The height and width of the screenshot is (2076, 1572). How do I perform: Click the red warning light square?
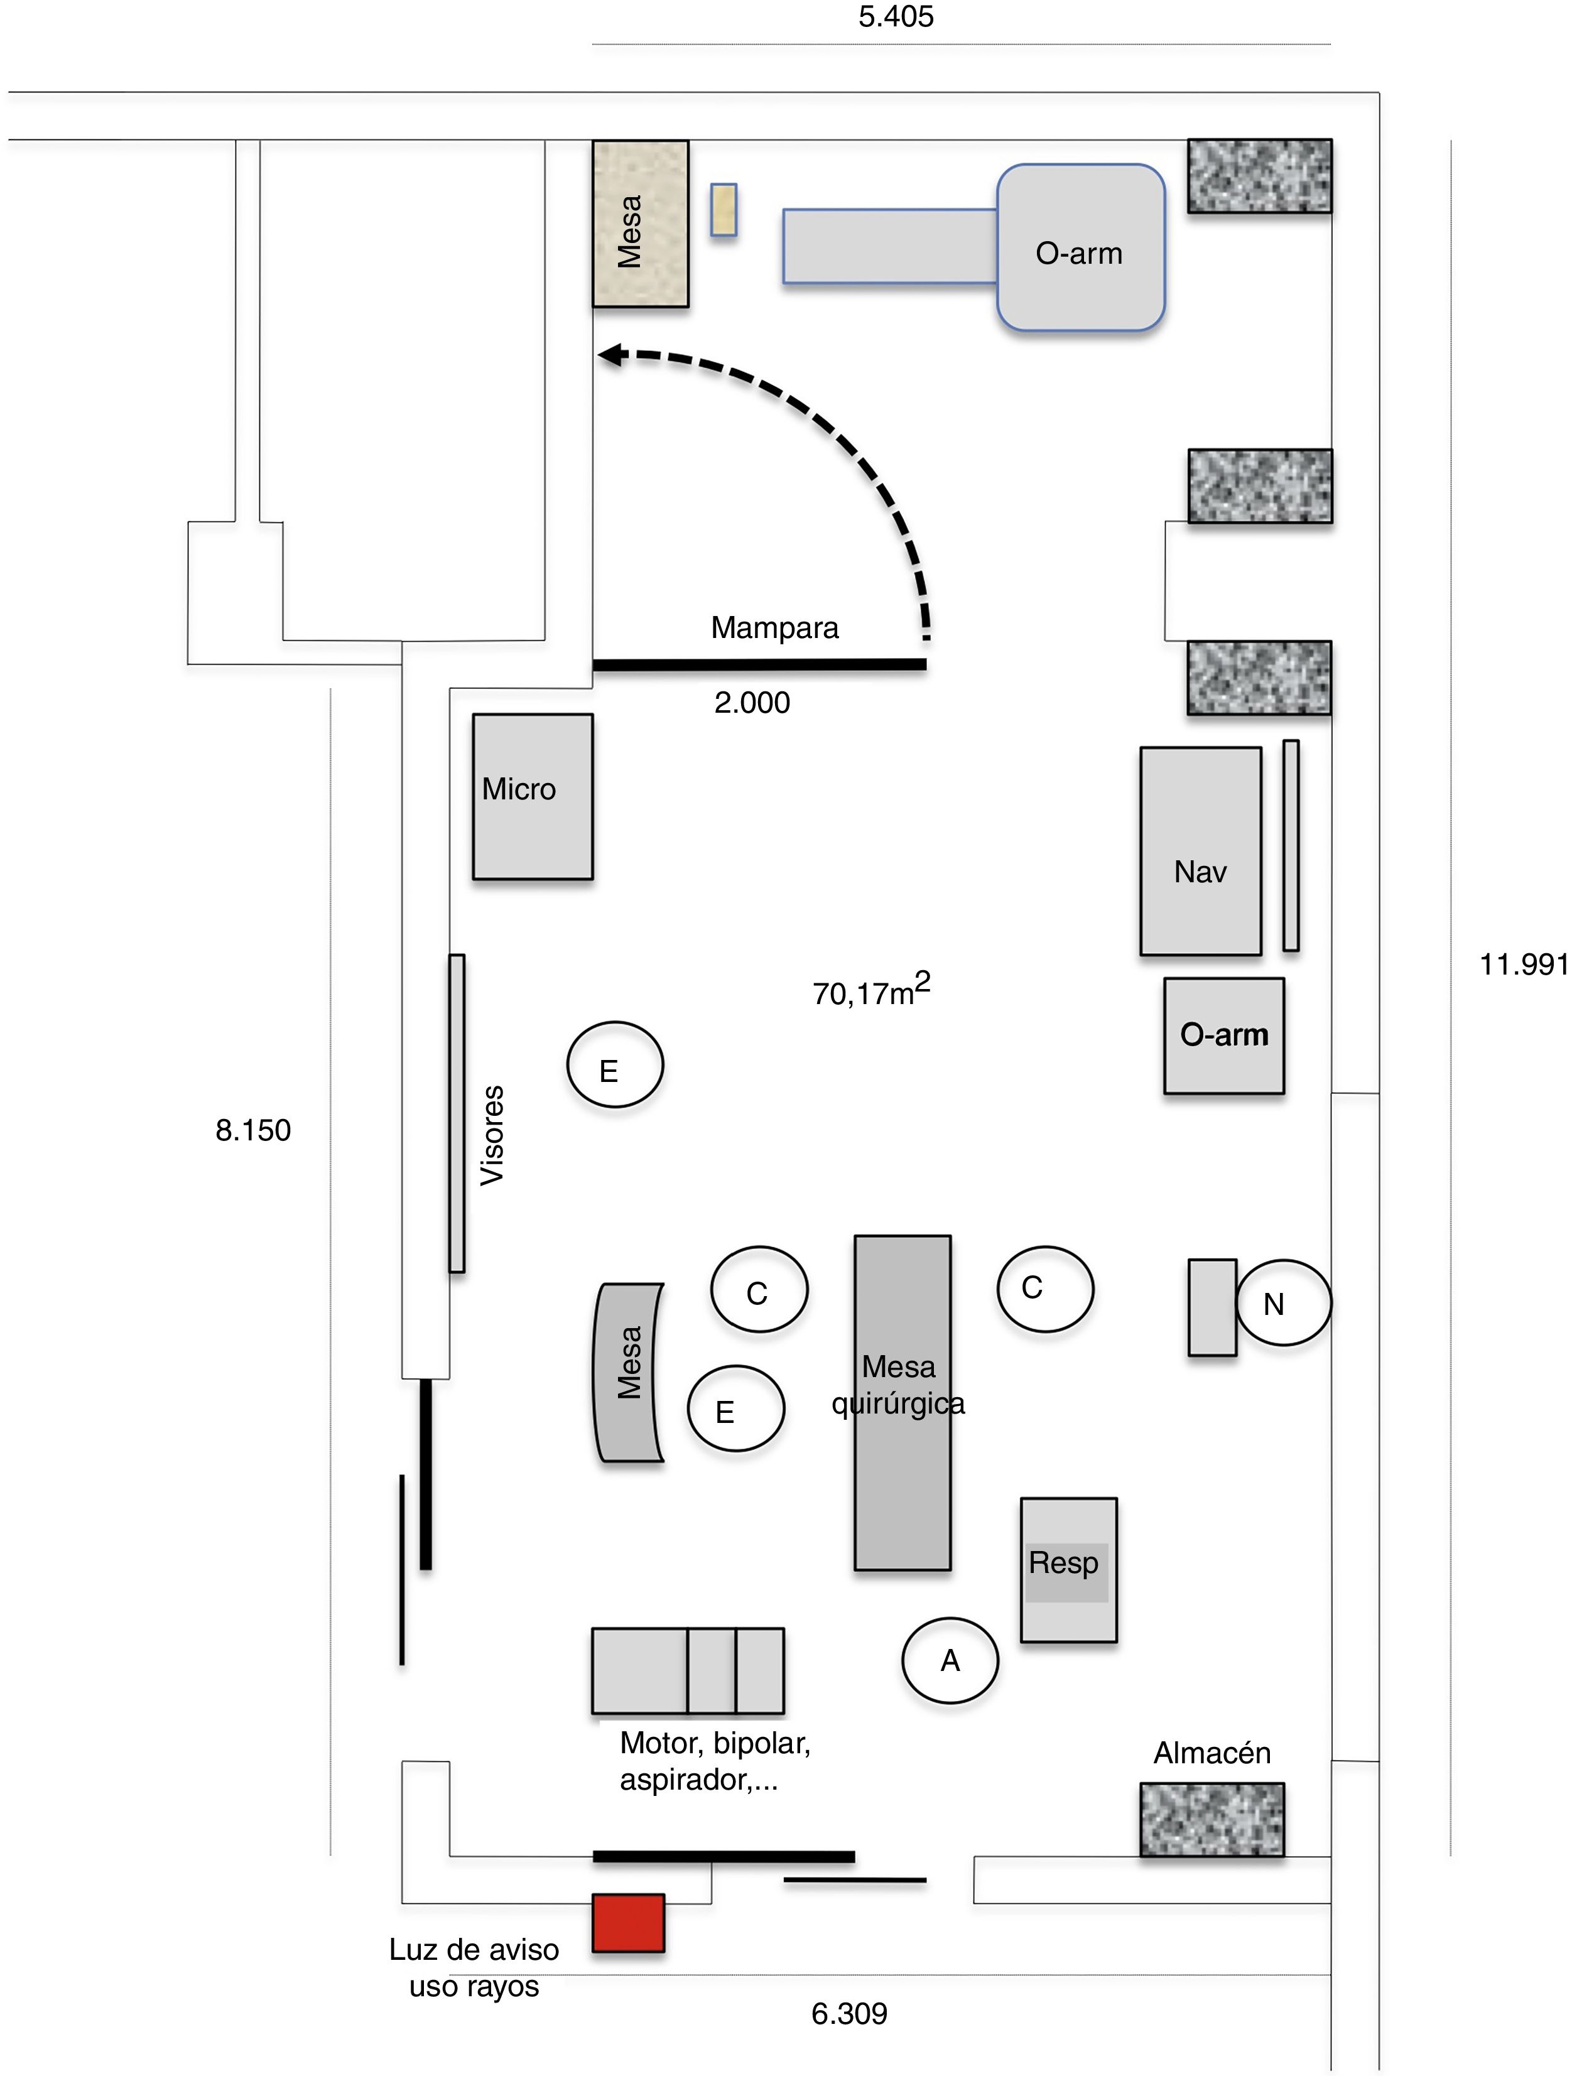628,1923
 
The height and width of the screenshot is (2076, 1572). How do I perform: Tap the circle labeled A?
950,1660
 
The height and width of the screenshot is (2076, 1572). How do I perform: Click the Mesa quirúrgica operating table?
902,1403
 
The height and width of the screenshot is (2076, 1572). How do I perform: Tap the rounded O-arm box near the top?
1080,248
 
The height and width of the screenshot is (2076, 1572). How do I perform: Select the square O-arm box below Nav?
1224,1036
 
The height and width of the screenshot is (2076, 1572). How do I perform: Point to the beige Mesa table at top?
640,224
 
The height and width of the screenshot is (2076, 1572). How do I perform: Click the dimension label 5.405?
896,17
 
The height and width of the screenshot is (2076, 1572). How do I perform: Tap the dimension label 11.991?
1523,964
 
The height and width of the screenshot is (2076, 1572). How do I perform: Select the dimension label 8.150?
252,1130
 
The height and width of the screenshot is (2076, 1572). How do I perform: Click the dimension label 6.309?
848,2013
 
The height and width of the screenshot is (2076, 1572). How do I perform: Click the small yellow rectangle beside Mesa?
723,208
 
